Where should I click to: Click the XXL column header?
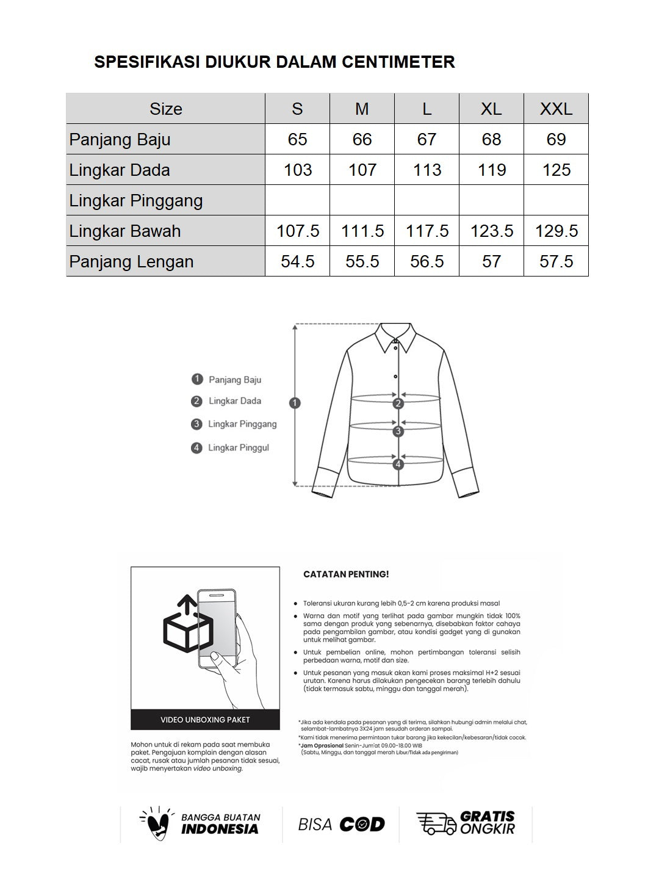[556, 109]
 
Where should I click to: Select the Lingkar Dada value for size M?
[362, 170]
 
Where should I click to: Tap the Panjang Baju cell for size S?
[297, 139]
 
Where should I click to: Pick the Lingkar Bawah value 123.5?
[491, 231]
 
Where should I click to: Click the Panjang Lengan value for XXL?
[556, 261]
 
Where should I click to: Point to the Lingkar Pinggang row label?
[136, 200]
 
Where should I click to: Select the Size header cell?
[166, 109]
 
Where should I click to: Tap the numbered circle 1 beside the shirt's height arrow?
[295, 403]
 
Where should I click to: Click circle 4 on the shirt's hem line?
[398, 464]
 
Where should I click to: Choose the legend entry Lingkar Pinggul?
[238, 447]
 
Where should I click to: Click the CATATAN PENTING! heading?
[346, 574]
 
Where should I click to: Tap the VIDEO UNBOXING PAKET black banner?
[205, 720]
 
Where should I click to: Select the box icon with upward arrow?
[187, 626]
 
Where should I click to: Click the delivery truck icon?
[436, 823]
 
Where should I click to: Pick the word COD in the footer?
[362, 825]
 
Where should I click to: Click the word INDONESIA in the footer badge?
[220, 829]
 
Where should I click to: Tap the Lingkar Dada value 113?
[427, 170]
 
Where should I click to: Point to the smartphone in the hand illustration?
[217, 629]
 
